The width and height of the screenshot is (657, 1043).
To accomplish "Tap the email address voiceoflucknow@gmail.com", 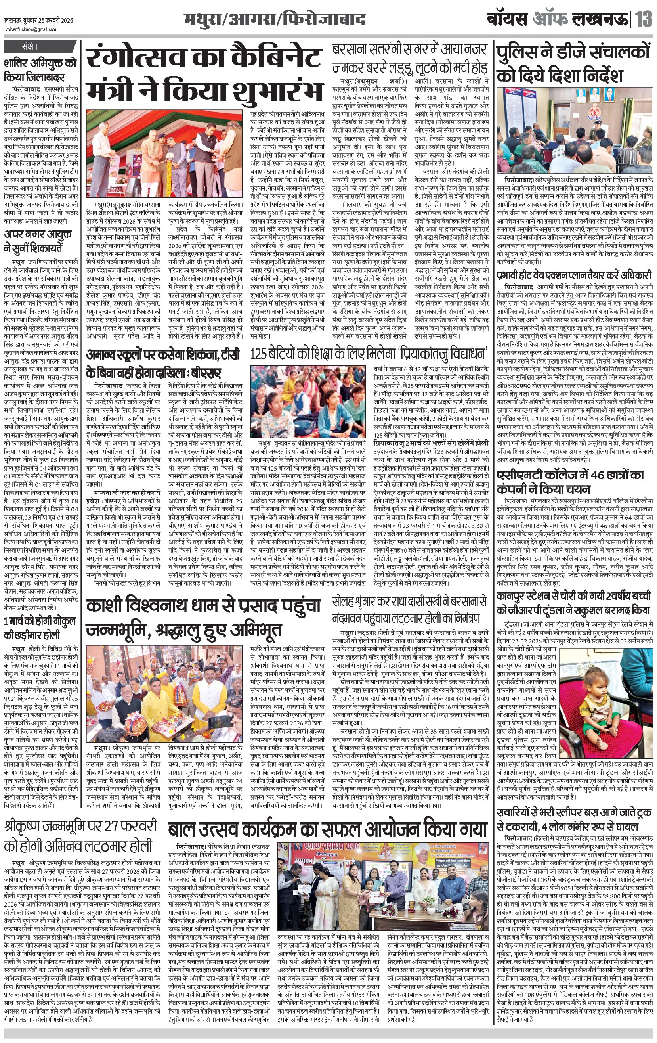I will pos(31,29).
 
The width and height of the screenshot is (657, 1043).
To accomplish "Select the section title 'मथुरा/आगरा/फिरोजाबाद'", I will pos(274,20).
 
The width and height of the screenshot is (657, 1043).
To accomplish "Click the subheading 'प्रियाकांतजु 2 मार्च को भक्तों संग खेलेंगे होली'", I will pos(431,443).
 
